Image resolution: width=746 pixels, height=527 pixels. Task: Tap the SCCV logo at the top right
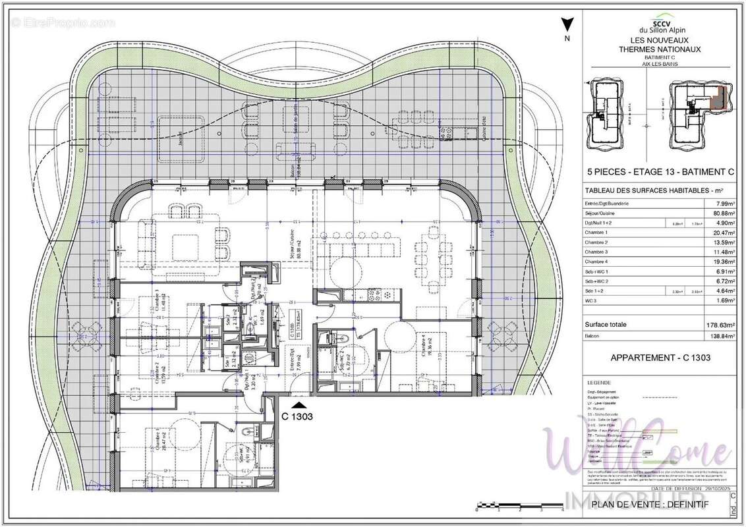coord(660,21)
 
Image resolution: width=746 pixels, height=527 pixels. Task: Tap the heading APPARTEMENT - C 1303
coord(660,358)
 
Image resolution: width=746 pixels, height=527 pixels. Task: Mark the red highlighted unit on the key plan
coord(720,97)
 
